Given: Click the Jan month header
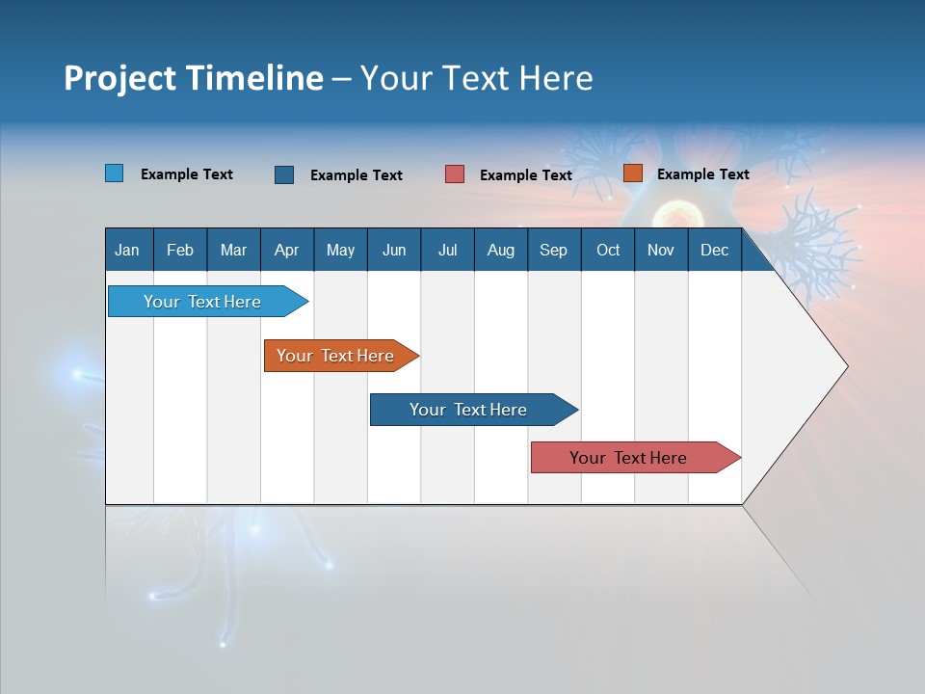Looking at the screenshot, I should pyautogui.click(x=127, y=251).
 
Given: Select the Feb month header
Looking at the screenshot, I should pyautogui.click(x=180, y=251).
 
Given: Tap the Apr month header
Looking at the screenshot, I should pyautogui.click(x=286, y=251).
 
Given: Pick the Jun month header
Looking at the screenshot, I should pyautogui.click(x=393, y=251).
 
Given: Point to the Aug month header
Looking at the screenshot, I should pyautogui.click(x=500, y=251).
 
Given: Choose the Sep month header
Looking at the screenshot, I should pyautogui.click(x=553, y=251).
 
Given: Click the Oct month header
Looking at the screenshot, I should pyautogui.click(x=608, y=251).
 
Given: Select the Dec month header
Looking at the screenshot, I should pyautogui.click(x=714, y=251).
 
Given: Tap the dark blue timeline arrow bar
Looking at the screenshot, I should pyautogui.click(x=469, y=410).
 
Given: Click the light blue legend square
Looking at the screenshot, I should pyautogui.click(x=115, y=173).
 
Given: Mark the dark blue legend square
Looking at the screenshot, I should pyautogui.click(x=284, y=174).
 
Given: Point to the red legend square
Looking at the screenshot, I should pyautogui.click(x=455, y=174).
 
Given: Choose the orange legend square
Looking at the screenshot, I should pyautogui.click(x=632, y=173).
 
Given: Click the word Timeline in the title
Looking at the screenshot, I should pyautogui.click(x=253, y=78).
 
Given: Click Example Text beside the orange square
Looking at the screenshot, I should pyautogui.click(x=702, y=174).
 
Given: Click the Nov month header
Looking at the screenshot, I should pyautogui.click(x=660, y=251).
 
